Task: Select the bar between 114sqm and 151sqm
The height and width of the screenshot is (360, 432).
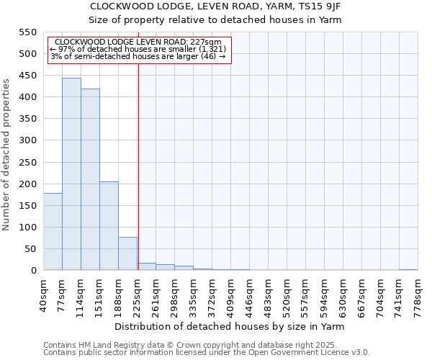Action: click(x=90, y=180)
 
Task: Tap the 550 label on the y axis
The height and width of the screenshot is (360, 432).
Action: click(x=27, y=32)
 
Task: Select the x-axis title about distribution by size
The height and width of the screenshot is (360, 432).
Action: click(x=230, y=327)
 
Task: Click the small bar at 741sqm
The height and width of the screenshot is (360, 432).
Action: click(x=408, y=269)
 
